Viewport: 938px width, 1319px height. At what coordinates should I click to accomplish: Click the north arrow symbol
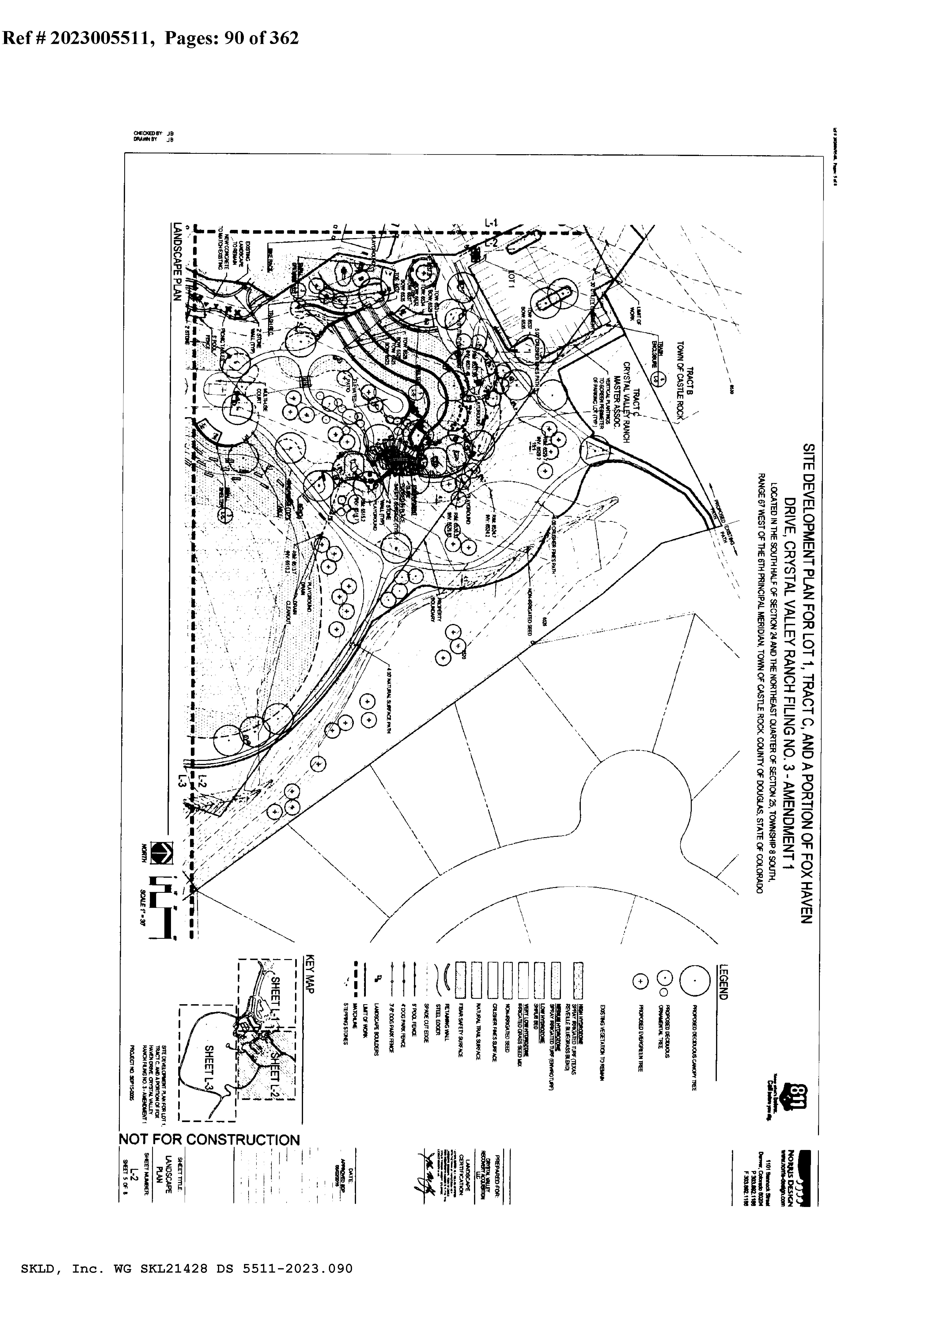(161, 852)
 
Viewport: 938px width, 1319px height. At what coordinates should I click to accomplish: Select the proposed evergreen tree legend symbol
(640, 981)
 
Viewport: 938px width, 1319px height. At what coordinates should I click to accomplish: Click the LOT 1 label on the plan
(511, 280)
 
